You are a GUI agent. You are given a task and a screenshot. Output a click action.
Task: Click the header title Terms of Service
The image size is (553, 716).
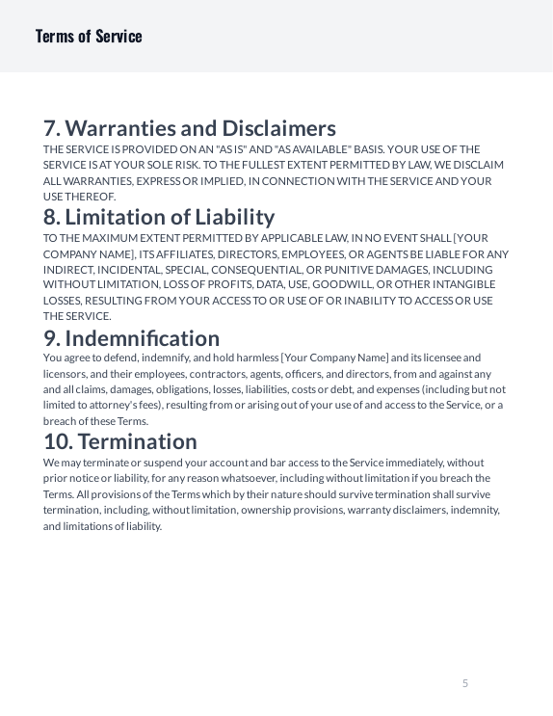point(89,37)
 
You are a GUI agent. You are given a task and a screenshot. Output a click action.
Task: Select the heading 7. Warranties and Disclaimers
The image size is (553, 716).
point(190,128)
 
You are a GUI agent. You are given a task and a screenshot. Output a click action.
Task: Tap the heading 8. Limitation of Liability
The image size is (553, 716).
point(159,217)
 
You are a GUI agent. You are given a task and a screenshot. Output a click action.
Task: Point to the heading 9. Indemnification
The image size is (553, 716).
point(132,338)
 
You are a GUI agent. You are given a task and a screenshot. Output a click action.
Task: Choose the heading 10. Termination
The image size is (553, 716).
point(120,441)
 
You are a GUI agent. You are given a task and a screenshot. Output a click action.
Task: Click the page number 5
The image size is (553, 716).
point(465,683)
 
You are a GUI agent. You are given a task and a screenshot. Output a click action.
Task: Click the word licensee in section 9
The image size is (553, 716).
point(441,358)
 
